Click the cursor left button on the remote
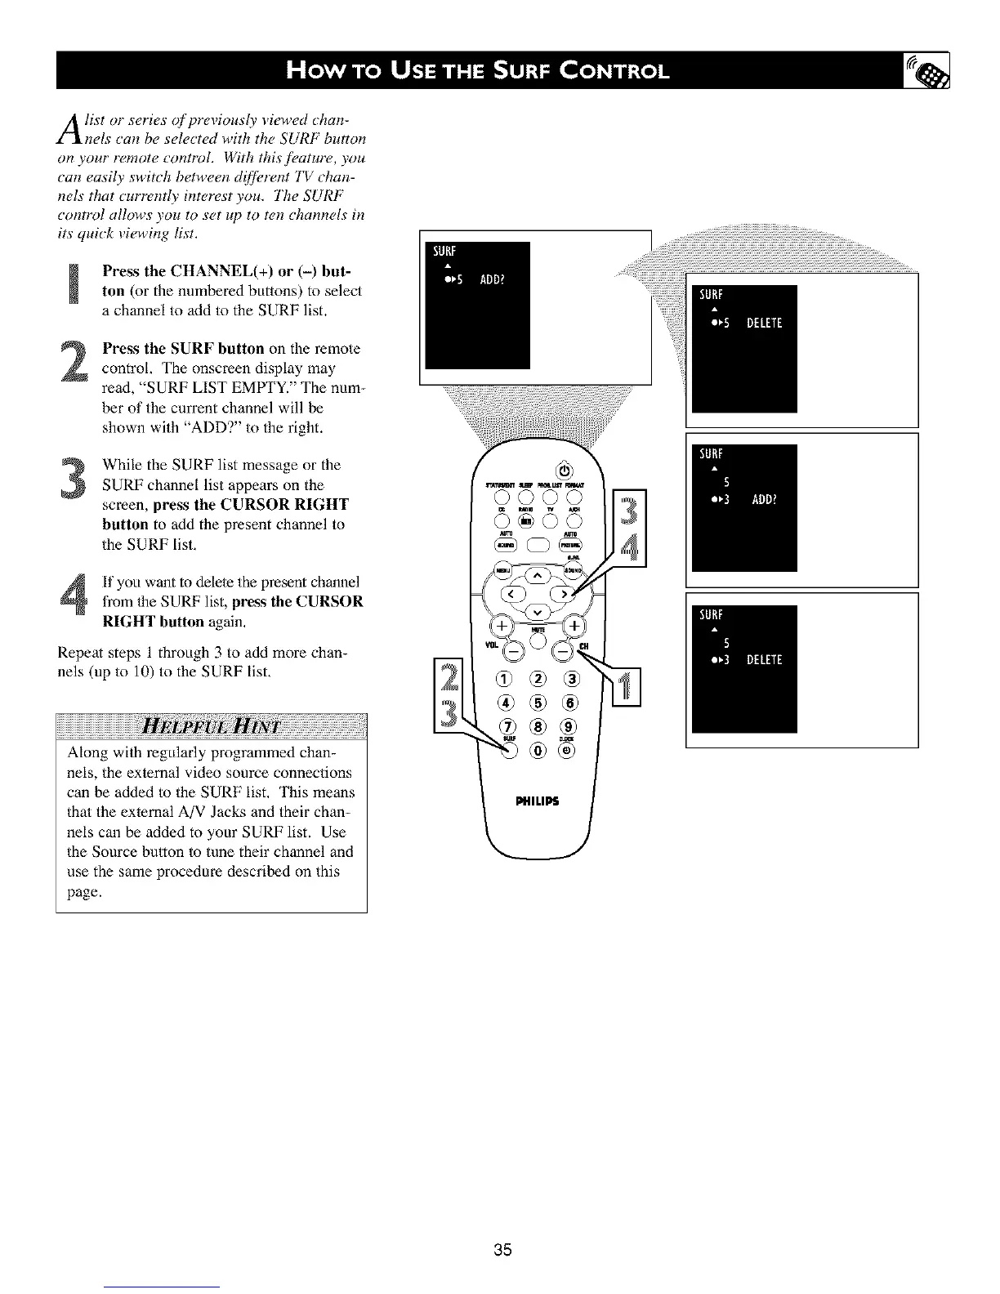[x=513, y=593]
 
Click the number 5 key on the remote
[x=538, y=704]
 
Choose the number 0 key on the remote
[x=538, y=751]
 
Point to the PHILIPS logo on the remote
[x=537, y=800]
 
